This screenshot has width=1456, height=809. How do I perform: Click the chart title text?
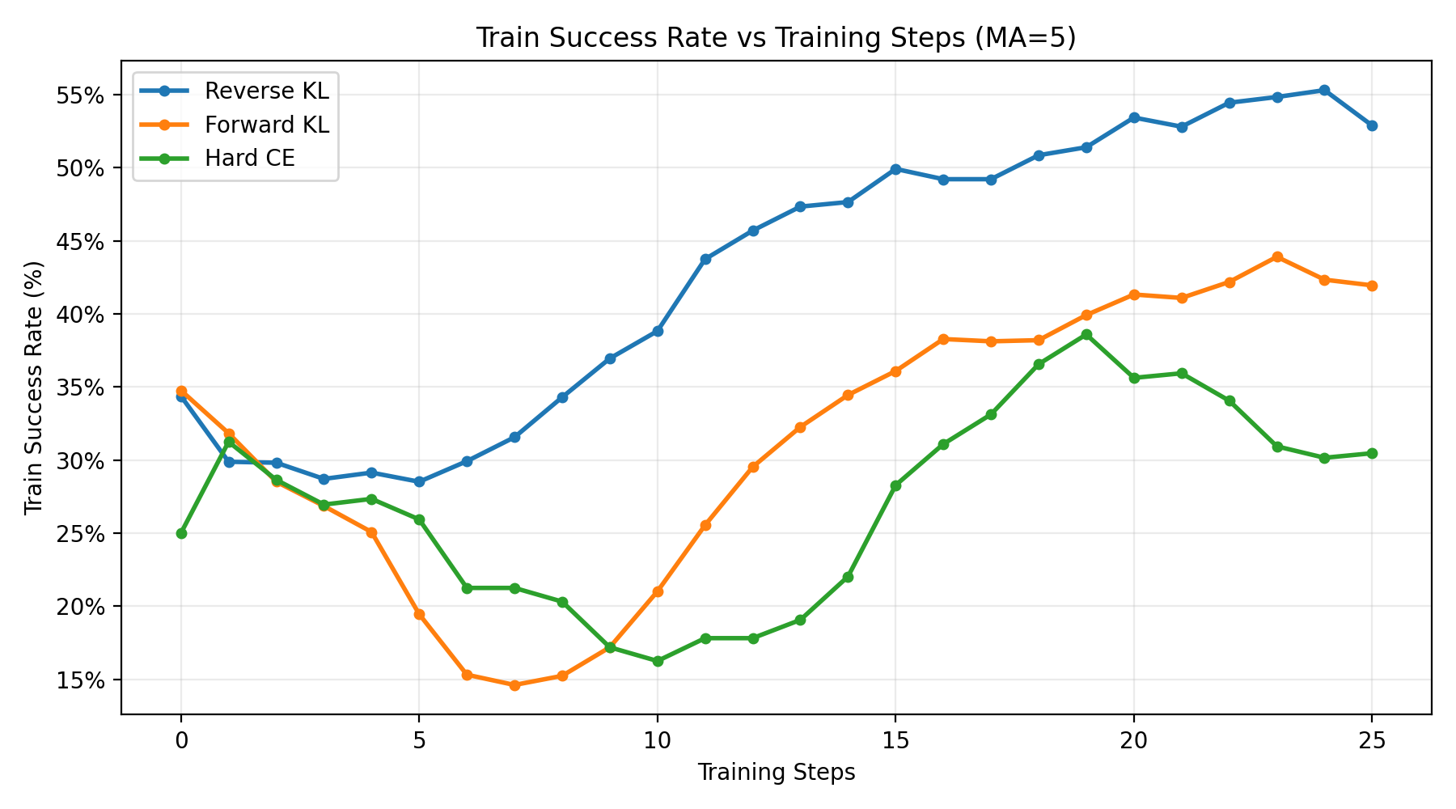(x=776, y=38)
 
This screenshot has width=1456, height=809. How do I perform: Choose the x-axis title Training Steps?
(x=776, y=773)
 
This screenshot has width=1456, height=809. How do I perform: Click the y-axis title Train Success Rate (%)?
(x=33, y=388)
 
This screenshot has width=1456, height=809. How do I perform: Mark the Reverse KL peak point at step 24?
(x=1324, y=90)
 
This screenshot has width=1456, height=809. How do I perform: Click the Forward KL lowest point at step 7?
(x=514, y=685)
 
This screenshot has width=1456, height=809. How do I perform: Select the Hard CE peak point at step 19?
(x=1086, y=334)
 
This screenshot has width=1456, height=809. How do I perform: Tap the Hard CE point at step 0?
(x=181, y=533)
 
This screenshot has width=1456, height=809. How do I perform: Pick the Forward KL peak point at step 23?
(x=1277, y=256)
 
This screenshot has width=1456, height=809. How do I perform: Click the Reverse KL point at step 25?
(x=1372, y=125)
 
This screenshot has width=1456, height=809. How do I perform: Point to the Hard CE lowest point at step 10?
(x=658, y=661)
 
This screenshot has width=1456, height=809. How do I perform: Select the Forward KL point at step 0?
(x=181, y=391)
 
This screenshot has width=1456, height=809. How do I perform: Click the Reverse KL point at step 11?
(x=705, y=259)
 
